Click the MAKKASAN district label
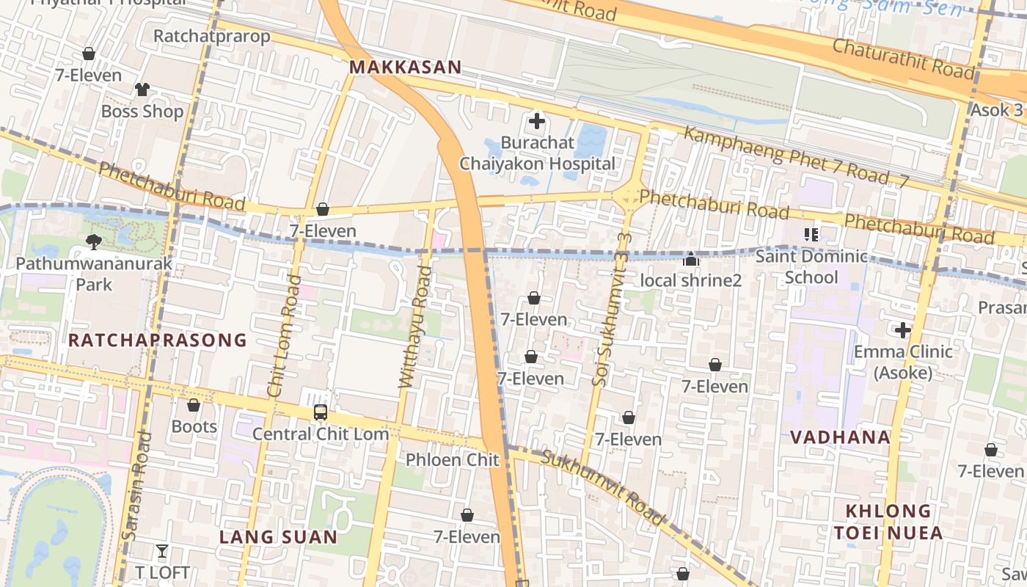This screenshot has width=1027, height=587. click(405, 68)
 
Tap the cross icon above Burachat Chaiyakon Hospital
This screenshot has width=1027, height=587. click(537, 121)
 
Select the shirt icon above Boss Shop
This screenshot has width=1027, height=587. click(142, 90)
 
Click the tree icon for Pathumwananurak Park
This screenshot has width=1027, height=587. click(93, 241)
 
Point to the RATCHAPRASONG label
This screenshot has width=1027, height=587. click(158, 340)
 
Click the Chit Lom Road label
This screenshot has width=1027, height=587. click(285, 336)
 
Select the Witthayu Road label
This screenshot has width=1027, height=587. click(414, 327)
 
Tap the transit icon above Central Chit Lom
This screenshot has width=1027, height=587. click(321, 412)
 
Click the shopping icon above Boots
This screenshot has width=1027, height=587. click(194, 405)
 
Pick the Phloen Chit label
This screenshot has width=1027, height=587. click(453, 460)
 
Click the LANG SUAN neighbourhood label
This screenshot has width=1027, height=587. click(279, 537)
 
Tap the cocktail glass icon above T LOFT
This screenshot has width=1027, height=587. click(162, 551)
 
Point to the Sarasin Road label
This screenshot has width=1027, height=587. click(137, 486)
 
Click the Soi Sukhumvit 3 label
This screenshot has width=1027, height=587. click(611, 308)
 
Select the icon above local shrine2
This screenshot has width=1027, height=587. click(690, 259)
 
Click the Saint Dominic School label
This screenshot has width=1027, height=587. click(811, 267)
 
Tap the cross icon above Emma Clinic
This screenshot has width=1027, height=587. click(902, 330)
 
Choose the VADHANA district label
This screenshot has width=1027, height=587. click(840, 437)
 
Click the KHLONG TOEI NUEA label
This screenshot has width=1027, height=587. click(888, 522)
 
